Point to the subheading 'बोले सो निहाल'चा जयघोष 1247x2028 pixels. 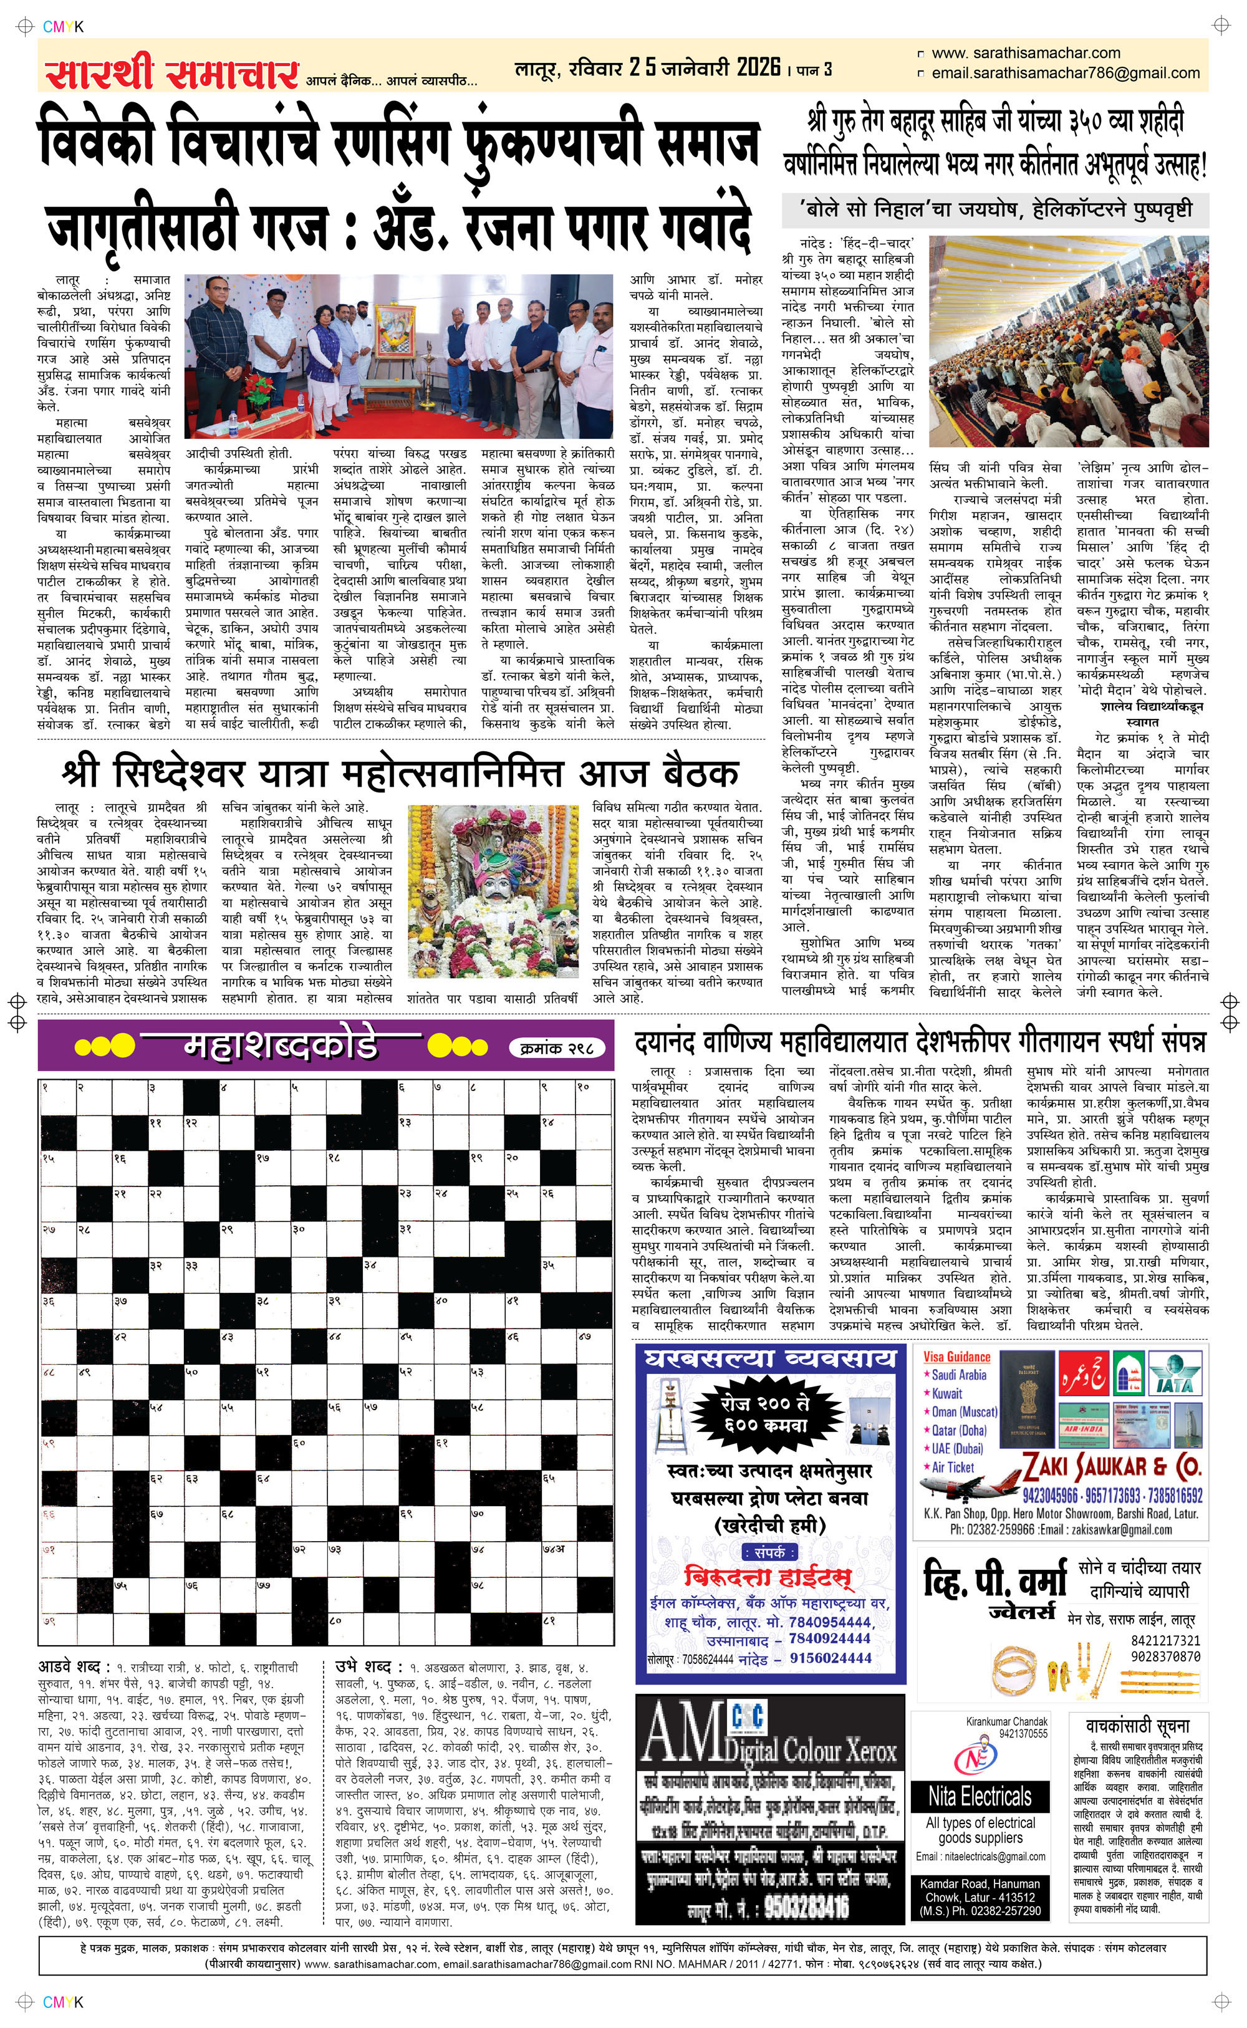pyautogui.click(x=994, y=209)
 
